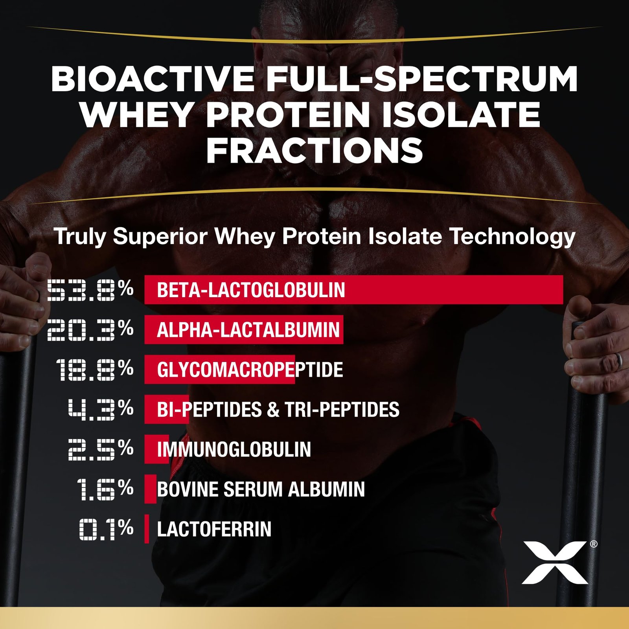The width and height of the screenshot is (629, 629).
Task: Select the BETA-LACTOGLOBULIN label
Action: [251, 290]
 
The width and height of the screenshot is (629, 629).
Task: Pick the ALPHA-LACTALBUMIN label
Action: [248, 330]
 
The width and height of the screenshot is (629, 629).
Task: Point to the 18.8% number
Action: [94, 370]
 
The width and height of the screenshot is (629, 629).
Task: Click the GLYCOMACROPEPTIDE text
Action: [250, 370]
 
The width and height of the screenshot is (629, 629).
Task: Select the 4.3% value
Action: [101, 409]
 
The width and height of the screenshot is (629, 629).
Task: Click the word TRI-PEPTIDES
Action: [342, 410]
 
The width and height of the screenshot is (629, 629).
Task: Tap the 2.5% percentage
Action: [101, 449]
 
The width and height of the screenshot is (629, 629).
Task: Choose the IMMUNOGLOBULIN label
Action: [234, 449]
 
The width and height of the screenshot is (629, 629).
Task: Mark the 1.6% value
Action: [105, 489]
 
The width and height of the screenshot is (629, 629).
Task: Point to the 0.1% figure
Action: [106, 529]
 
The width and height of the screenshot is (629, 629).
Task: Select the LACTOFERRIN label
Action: [214, 529]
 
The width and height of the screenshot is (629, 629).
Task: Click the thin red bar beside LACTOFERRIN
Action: [147, 529]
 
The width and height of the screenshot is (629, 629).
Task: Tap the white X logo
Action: [555, 562]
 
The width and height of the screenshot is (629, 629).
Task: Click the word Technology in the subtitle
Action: [512, 237]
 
